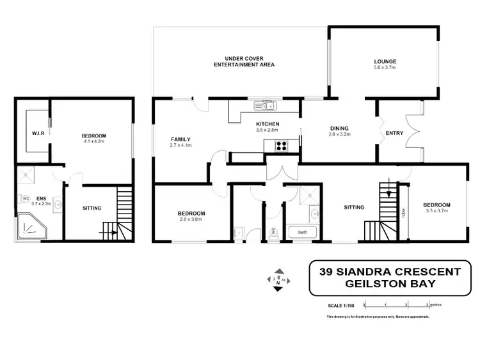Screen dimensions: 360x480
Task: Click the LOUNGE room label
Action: (x=385, y=61)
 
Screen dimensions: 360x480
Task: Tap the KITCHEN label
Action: (x=266, y=123)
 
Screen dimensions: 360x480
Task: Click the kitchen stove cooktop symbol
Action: (x=281, y=146)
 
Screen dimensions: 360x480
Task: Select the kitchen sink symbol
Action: (x=263, y=106)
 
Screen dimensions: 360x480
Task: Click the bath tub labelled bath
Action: (x=302, y=232)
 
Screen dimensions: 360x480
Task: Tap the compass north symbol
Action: (x=278, y=279)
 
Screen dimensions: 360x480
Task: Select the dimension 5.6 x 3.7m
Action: (x=385, y=67)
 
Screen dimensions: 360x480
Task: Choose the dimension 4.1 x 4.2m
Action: (x=93, y=142)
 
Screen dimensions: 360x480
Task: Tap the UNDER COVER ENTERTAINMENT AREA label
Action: (x=244, y=61)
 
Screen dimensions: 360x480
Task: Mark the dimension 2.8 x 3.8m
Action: (x=191, y=219)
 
